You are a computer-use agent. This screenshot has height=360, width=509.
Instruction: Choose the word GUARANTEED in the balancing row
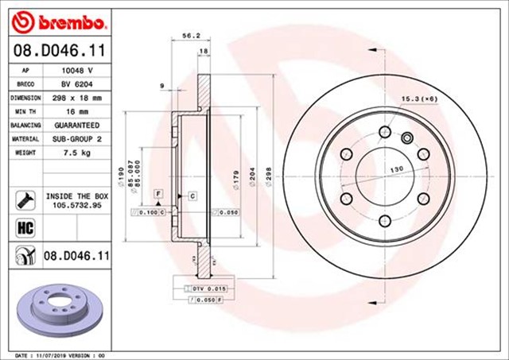point(77,126)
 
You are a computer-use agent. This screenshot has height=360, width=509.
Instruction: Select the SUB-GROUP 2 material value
point(77,139)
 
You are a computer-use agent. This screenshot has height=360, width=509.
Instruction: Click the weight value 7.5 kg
point(77,153)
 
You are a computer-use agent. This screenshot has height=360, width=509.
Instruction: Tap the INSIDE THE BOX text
point(77,195)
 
